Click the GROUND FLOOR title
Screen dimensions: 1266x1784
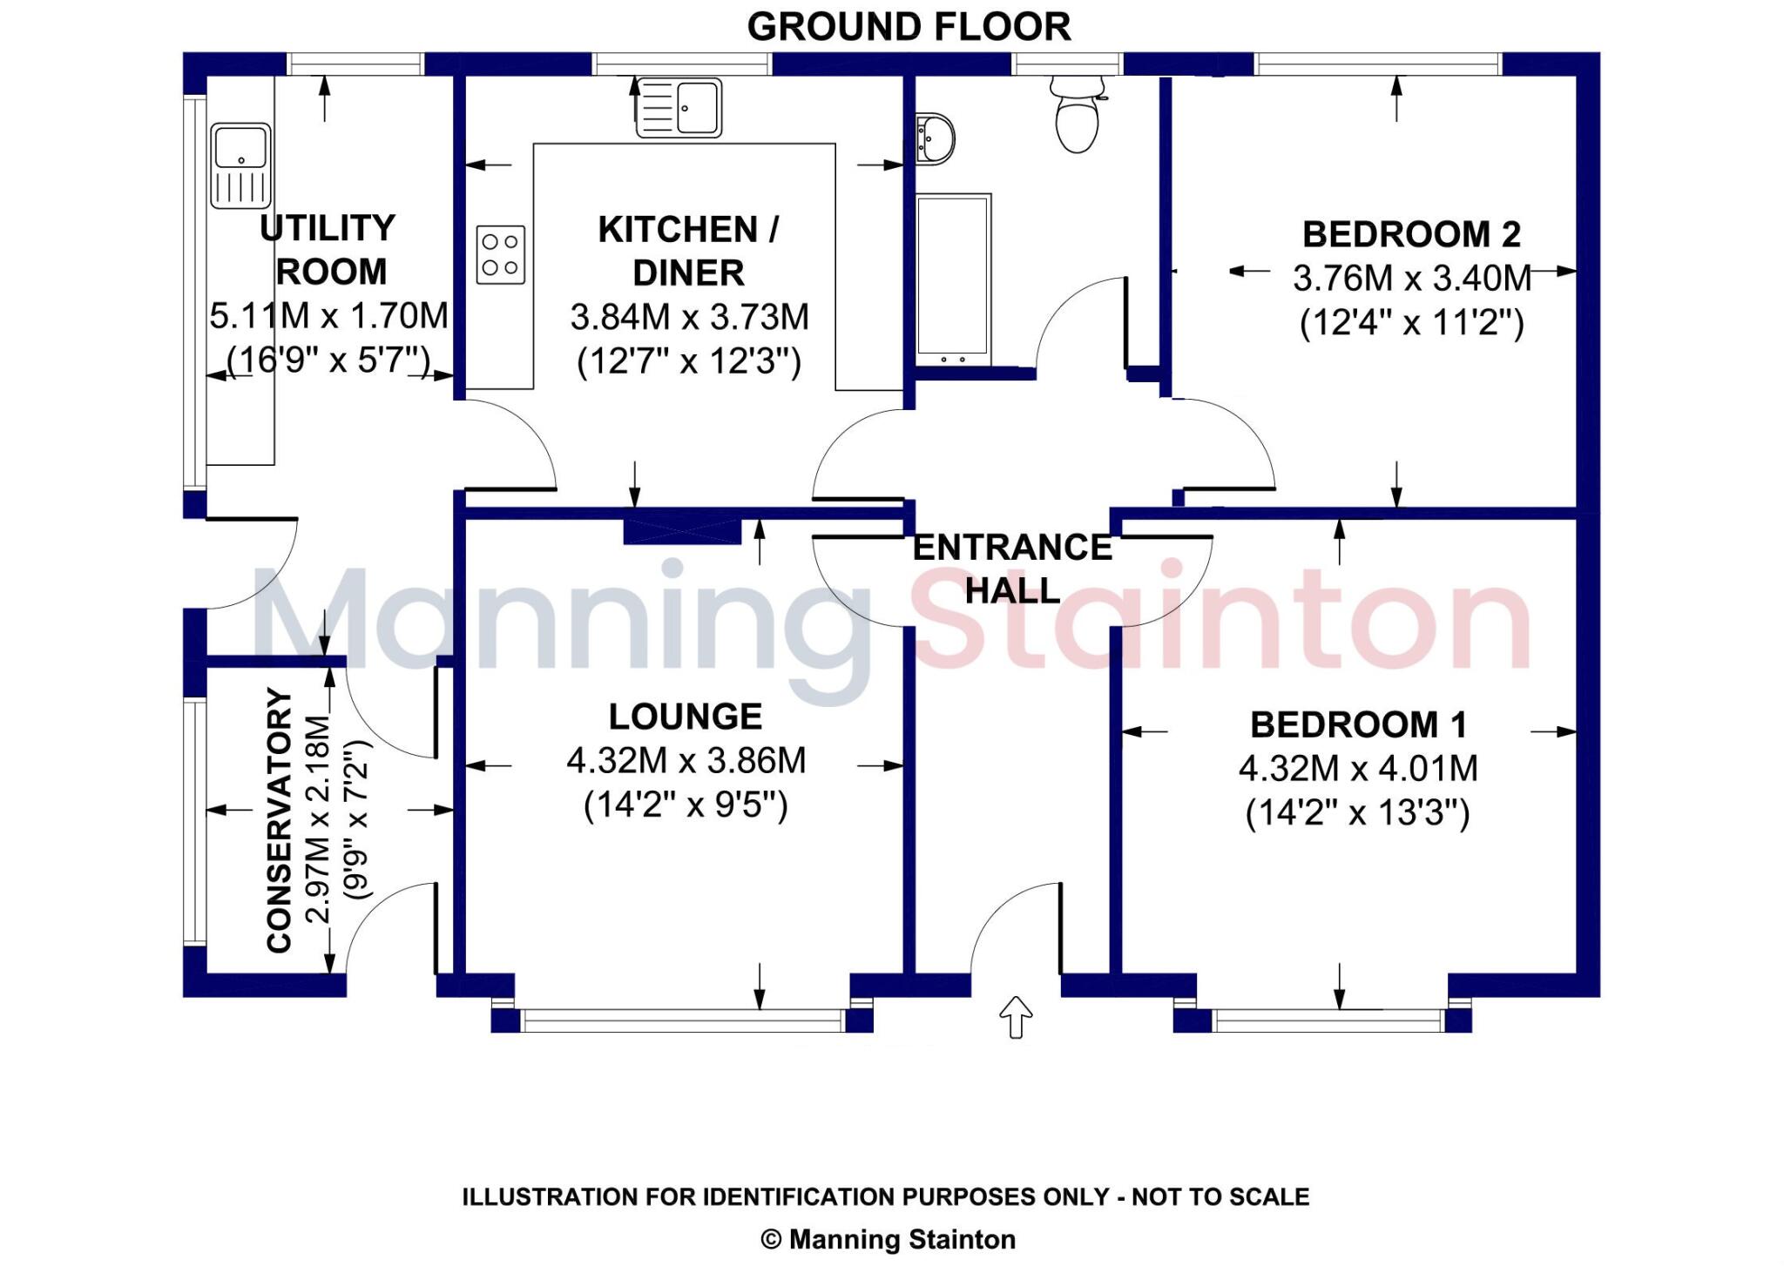(909, 27)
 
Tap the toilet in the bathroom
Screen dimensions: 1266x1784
(1078, 116)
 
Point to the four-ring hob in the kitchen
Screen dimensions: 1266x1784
(501, 254)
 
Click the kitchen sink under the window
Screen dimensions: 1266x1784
(679, 108)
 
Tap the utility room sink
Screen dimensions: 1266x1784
(240, 165)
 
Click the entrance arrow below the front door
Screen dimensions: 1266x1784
(1016, 1017)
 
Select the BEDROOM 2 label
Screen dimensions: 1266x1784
(1410, 235)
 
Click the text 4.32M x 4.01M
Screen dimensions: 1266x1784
(1358, 769)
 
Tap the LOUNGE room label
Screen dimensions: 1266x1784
(686, 717)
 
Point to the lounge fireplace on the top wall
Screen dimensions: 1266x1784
(682, 531)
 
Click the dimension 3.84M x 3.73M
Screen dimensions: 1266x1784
(689, 318)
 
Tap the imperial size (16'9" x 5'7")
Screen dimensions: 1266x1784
(328, 360)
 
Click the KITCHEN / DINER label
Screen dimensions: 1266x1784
(688, 252)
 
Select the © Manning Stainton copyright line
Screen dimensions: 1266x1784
(888, 1239)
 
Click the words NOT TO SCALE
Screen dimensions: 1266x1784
(1220, 1197)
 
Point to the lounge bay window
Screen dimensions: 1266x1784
(682, 1020)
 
